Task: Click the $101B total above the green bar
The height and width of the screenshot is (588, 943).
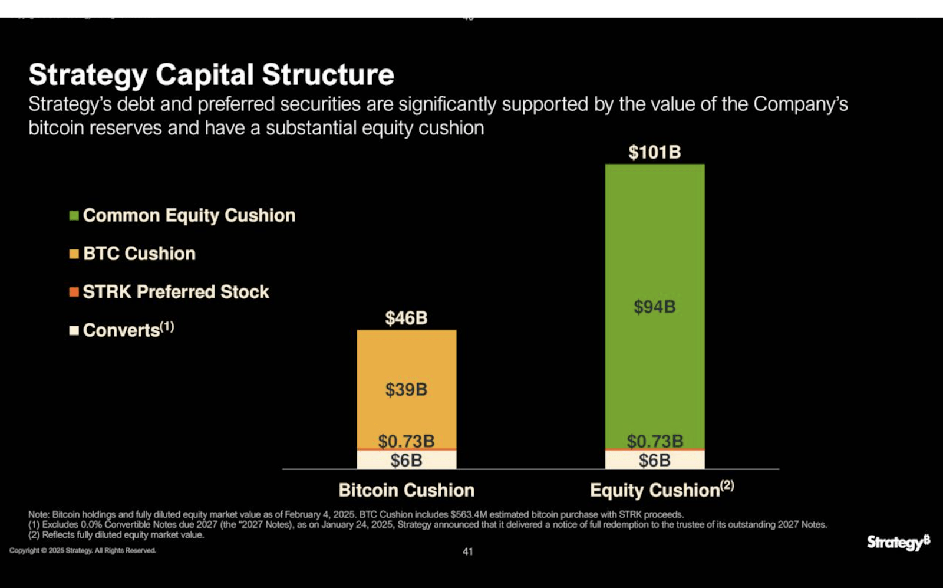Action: tap(654, 152)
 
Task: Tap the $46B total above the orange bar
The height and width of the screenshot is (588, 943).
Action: tap(406, 318)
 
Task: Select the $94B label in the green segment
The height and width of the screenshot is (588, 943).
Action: tap(654, 307)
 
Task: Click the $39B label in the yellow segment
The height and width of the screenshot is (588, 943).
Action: tap(406, 389)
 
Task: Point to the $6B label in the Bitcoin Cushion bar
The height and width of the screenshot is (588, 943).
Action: tap(406, 460)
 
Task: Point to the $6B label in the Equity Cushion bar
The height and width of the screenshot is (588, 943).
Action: tap(654, 460)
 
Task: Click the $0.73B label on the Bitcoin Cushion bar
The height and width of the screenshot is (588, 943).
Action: tap(406, 441)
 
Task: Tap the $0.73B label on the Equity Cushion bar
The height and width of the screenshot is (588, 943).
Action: tap(654, 441)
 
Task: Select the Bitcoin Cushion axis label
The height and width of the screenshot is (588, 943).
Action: tap(406, 490)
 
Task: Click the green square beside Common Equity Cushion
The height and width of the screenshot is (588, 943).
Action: tap(74, 216)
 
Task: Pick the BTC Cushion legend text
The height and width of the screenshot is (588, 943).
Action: tap(139, 254)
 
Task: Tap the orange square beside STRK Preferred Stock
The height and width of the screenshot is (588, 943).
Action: tap(74, 292)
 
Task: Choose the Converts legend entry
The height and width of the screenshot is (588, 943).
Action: tap(121, 330)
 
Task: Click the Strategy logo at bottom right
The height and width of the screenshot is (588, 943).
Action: tap(898, 541)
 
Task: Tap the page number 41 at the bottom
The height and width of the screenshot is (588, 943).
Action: tap(467, 551)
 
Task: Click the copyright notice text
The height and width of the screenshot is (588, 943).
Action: tap(83, 550)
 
